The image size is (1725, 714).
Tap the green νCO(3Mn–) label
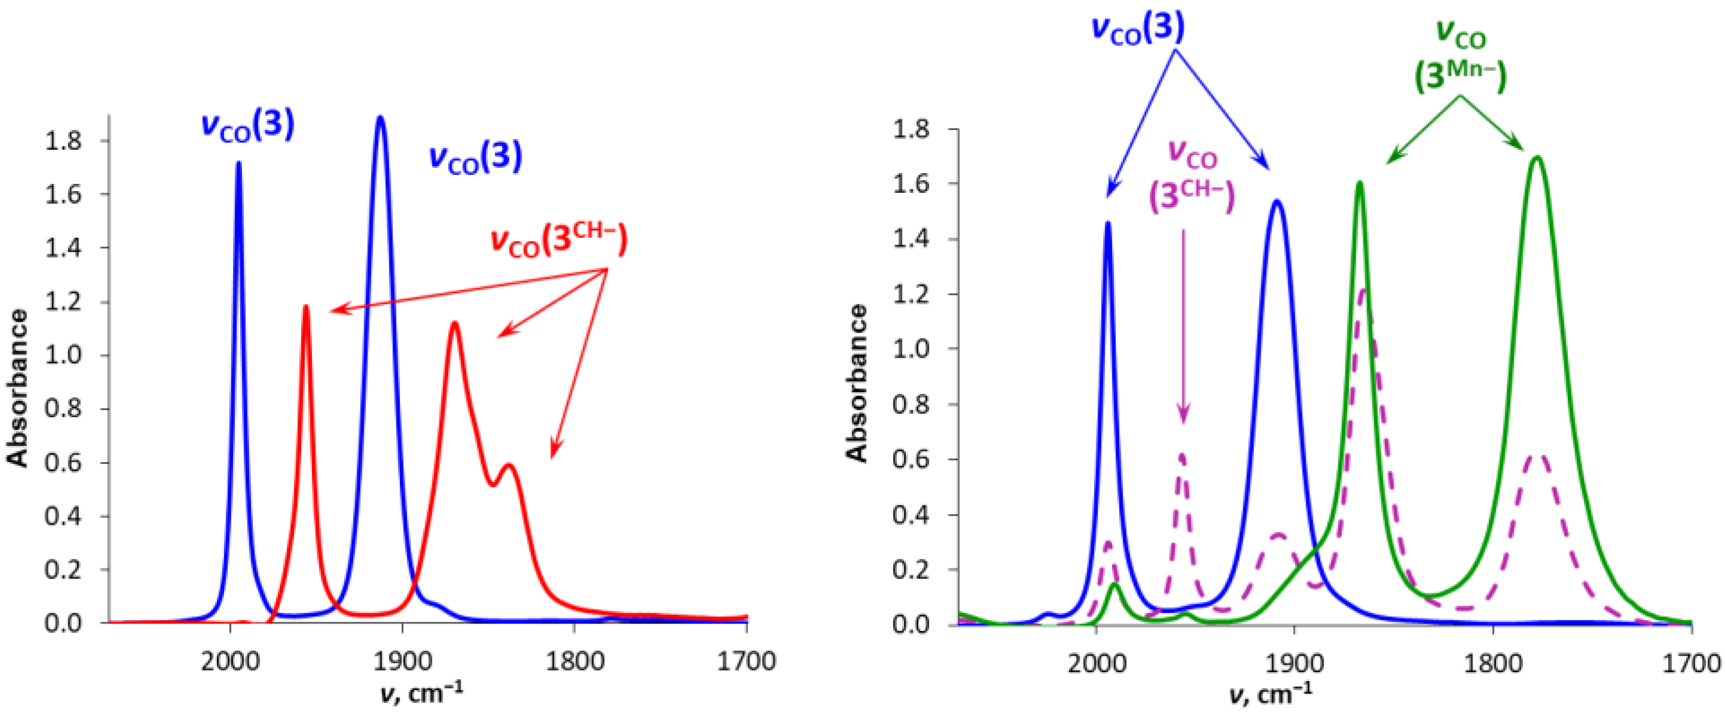click(x=1460, y=57)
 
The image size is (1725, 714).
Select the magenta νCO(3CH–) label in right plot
click(x=1192, y=178)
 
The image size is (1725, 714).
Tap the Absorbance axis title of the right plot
click(x=857, y=383)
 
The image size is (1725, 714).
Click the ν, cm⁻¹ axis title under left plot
click(x=421, y=693)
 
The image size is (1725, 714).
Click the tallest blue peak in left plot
click(x=381, y=118)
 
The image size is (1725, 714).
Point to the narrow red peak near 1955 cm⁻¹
click(x=306, y=307)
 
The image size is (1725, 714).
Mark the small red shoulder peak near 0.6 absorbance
click(x=509, y=465)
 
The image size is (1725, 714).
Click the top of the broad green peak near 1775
click(x=1537, y=158)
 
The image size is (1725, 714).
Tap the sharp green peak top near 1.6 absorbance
click(x=1359, y=183)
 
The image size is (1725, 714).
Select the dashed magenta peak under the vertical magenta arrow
click(x=1182, y=455)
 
